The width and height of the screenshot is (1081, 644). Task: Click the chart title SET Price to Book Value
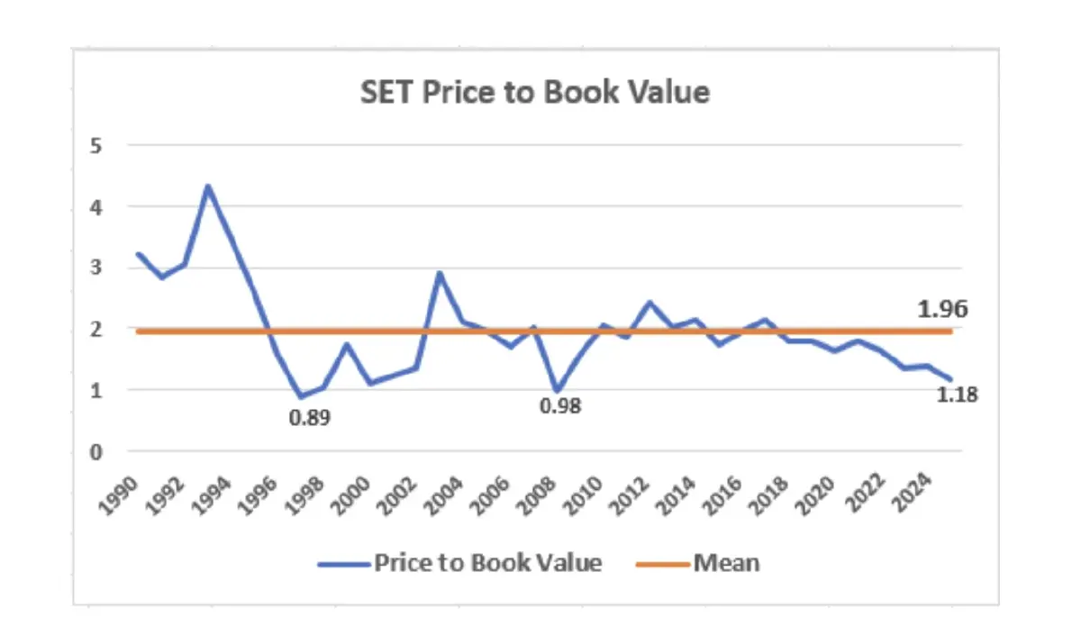[535, 92]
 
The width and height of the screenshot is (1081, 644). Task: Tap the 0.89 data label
[309, 418]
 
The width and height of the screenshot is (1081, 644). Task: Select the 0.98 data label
[560, 406]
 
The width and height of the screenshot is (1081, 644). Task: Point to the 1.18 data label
[957, 394]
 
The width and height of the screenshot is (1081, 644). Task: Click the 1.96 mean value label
[942, 310]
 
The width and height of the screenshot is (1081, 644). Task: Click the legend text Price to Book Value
[487, 564]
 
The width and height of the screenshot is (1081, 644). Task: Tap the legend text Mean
[726, 564]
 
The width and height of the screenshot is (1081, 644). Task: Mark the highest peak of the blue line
[208, 186]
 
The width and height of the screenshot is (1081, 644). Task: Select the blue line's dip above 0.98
[556, 391]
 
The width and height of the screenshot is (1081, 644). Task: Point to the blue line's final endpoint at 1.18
[950, 379]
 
